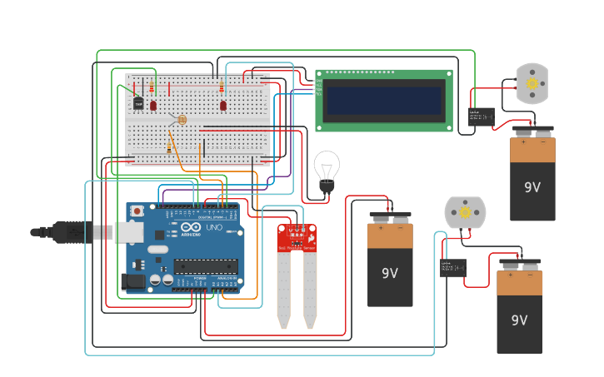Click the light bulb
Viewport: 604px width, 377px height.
pyautogui.click(x=326, y=169)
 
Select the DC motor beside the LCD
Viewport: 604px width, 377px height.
pyautogui.click(x=532, y=83)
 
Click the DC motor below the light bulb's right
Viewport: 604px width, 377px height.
pyautogui.click(x=464, y=213)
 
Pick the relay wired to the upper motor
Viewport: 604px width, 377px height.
pyautogui.click(x=481, y=117)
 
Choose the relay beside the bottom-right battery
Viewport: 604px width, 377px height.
pyautogui.click(x=452, y=268)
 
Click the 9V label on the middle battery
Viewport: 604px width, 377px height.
pyautogui.click(x=390, y=273)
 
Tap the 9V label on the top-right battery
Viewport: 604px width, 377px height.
pyautogui.click(x=532, y=188)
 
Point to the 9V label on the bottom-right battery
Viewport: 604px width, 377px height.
pyautogui.click(x=519, y=320)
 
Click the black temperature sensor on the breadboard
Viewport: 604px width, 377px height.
pyautogui.click(x=138, y=103)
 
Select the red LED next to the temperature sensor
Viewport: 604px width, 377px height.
pyautogui.click(x=153, y=105)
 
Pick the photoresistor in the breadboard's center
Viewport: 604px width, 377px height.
pyautogui.click(x=182, y=120)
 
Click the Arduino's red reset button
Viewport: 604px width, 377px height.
pyautogui.click(x=137, y=212)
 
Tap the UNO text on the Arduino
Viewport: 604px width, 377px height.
pyautogui.click(x=213, y=227)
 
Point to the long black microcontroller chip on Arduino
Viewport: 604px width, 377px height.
pyautogui.click(x=205, y=266)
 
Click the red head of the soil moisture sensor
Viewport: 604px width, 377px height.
pyautogui.click(x=297, y=238)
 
